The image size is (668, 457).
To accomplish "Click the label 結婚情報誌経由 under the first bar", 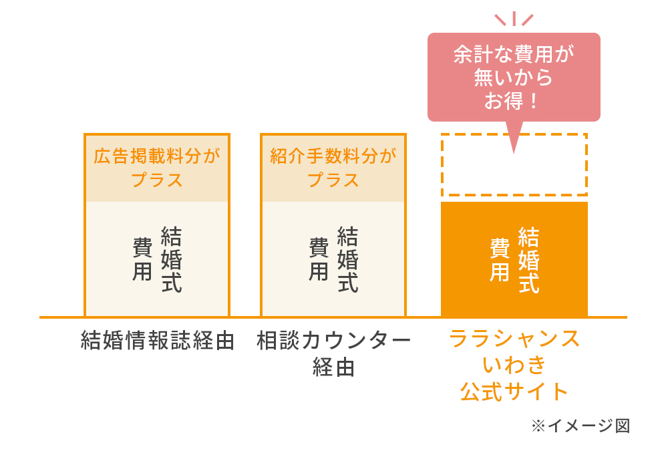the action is [x=158, y=340].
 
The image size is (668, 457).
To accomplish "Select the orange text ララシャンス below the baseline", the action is [x=514, y=339].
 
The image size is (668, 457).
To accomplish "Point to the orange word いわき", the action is [x=514, y=365].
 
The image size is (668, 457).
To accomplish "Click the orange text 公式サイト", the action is [x=514, y=392].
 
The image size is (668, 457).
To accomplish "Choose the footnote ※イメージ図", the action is [x=580, y=426].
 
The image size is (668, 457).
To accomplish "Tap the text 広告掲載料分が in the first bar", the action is [x=157, y=156].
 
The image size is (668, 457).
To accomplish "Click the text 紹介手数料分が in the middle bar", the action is [x=333, y=156].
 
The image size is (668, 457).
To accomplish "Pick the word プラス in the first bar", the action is [x=157, y=180].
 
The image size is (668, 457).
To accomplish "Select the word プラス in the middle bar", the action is [x=333, y=180].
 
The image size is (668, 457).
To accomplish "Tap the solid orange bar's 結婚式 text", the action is [x=528, y=260].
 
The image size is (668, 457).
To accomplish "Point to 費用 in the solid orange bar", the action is [x=500, y=260].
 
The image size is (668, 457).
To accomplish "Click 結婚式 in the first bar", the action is [x=171, y=259].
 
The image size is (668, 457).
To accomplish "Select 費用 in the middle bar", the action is [x=319, y=259].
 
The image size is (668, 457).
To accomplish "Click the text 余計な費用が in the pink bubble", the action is [x=514, y=54].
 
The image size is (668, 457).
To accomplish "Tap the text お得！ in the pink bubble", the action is [x=511, y=102].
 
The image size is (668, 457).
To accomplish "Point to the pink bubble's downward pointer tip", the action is [x=514, y=152].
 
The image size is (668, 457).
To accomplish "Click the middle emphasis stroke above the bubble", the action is [x=514, y=18].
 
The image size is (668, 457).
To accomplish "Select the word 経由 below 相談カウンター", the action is [x=333, y=367].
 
